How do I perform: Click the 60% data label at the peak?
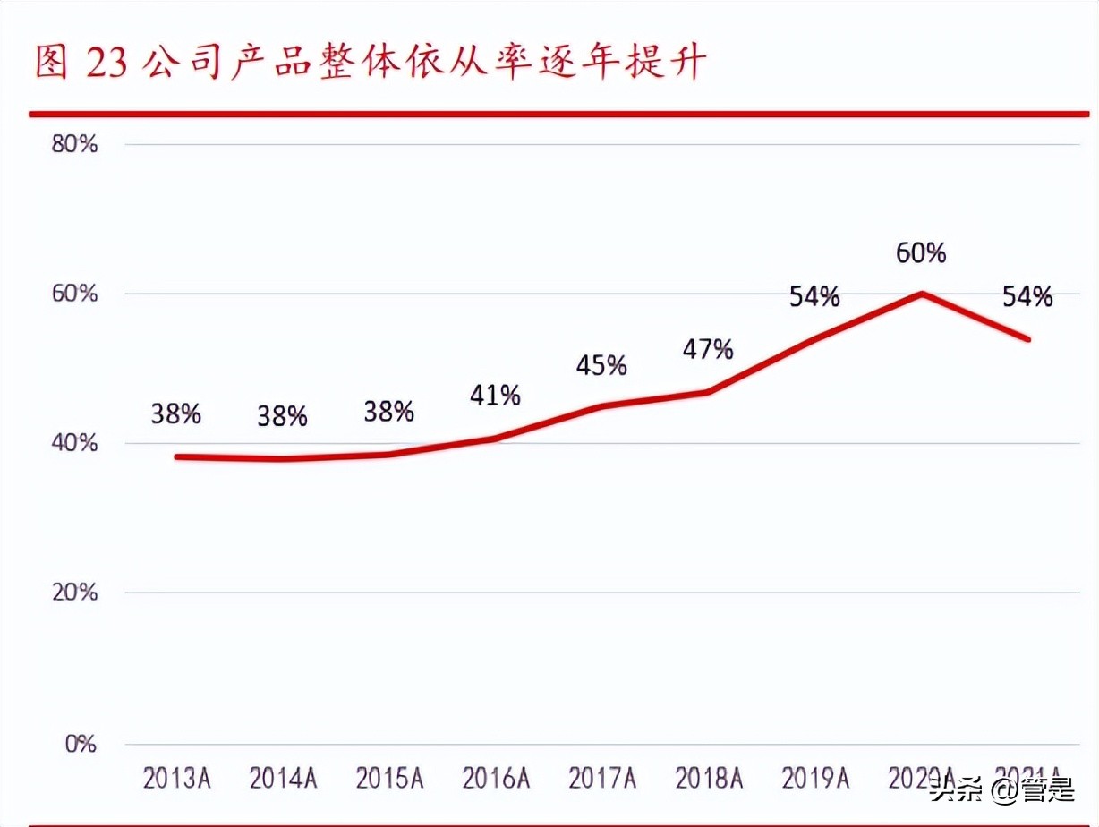(x=921, y=254)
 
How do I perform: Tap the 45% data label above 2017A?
(x=601, y=365)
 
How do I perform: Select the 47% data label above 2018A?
(x=708, y=349)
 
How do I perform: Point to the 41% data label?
(x=495, y=395)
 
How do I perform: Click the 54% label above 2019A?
(x=814, y=297)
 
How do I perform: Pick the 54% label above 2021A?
(x=1027, y=297)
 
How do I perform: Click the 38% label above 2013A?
(x=176, y=414)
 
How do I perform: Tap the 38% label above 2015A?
(x=388, y=411)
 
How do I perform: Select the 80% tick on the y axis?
(x=75, y=145)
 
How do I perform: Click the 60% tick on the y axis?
(x=75, y=294)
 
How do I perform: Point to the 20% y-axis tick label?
(x=75, y=593)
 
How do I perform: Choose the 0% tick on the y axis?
(x=81, y=744)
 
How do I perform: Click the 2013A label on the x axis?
(x=176, y=779)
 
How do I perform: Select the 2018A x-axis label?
(x=708, y=779)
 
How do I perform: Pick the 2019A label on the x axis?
(x=814, y=779)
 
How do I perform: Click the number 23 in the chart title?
(x=107, y=64)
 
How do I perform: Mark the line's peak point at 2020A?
(x=922, y=294)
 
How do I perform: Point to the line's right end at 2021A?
(x=1029, y=339)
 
